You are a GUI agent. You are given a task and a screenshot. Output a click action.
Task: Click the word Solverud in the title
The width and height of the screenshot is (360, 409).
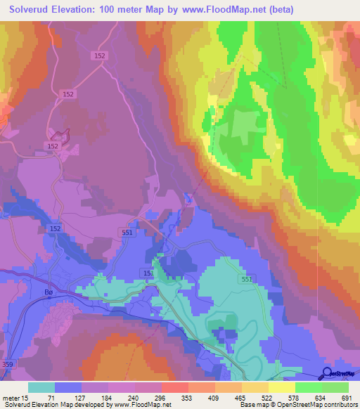(x=30, y=9)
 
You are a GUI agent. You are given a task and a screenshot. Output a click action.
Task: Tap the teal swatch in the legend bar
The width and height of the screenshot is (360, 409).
(x=41, y=387)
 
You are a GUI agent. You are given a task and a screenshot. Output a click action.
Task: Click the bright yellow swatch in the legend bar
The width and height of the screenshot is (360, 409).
(x=282, y=387)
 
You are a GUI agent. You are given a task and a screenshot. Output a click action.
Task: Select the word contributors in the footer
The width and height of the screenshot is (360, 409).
(x=337, y=405)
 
